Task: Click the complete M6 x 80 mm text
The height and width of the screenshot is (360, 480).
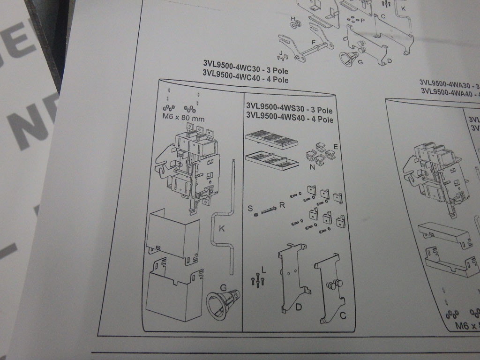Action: [x=180, y=119]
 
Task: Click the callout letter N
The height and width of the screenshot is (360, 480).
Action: [x=312, y=167]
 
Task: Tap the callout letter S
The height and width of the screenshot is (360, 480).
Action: [x=250, y=207]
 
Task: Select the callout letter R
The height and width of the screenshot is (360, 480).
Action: [x=281, y=204]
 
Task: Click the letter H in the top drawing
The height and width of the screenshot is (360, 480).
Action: [x=293, y=18]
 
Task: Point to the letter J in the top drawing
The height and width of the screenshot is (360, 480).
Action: [x=279, y=52]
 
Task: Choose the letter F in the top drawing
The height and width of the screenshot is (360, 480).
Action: [x=312, y=42]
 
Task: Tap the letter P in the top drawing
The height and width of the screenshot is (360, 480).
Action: [x=362, y=21]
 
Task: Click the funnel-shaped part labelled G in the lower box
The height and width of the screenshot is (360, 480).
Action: [x=222, y=304]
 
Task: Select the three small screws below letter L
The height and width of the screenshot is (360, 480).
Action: [x=257, y=280]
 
